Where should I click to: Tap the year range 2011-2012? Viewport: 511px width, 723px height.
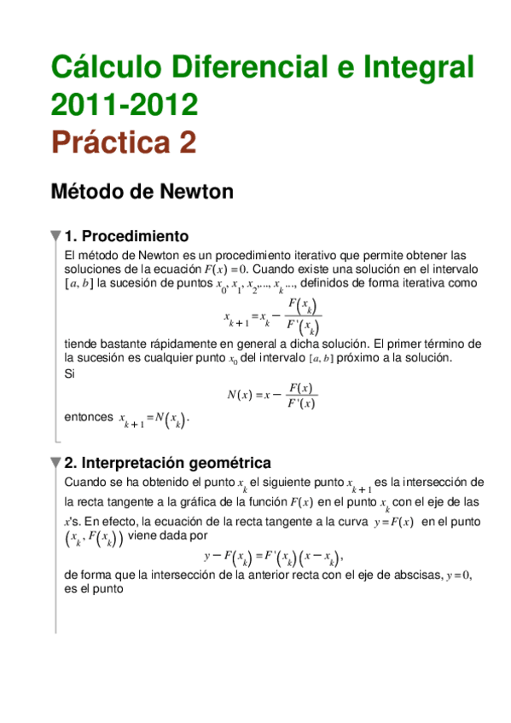pos(125,104)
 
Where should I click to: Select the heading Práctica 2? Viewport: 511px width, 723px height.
pos(124,142)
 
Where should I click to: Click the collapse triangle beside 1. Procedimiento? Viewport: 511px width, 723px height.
pos(55,236)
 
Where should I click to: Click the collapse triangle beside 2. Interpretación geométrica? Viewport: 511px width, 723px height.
pos(55,463)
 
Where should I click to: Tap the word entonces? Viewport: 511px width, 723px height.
pos(89,417)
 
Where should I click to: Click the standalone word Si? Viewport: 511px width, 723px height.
pos(70,372)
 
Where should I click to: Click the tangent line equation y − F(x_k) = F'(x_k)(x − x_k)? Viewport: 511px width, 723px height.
pos(272,557)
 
